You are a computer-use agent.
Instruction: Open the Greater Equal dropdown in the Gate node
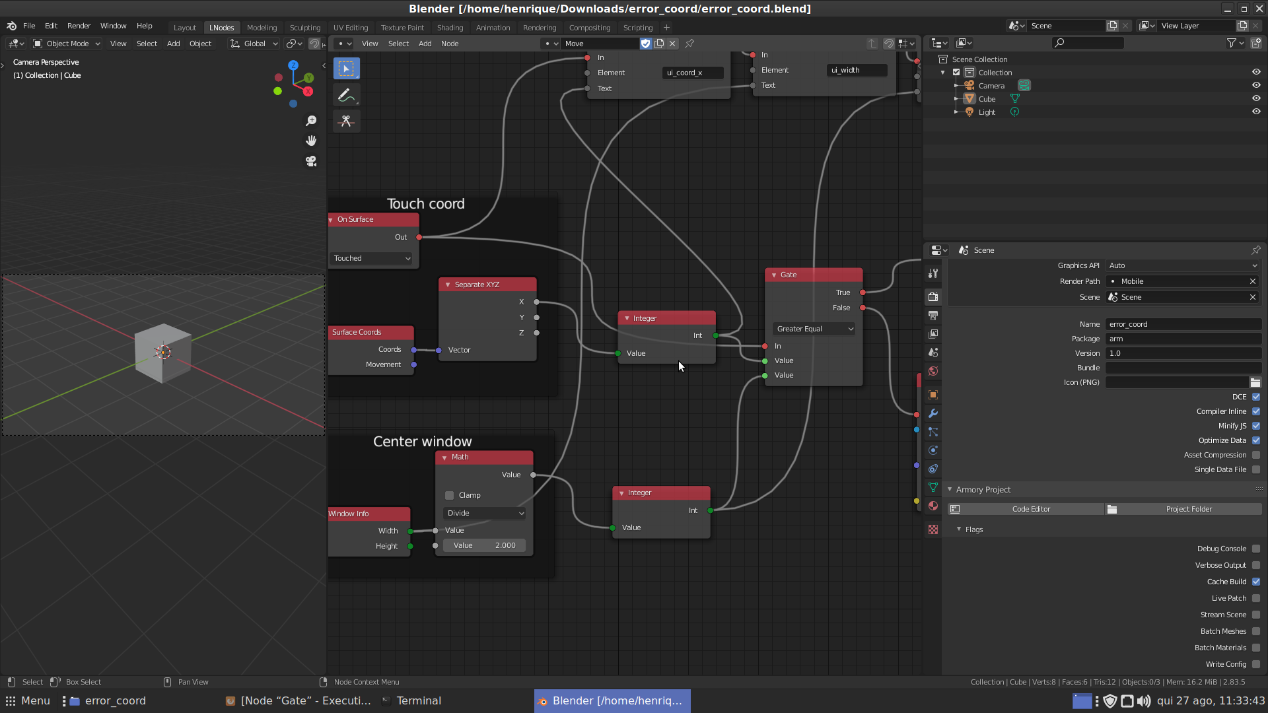(x=814, y=329)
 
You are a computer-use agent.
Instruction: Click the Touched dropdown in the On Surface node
(x=372, y=258)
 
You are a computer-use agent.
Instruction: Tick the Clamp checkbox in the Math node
(x=450, y=495)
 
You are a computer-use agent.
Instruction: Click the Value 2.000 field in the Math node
(x=485, y=545)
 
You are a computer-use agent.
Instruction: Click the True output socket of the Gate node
(x=863, y=292)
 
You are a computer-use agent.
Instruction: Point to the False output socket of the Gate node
(x=863, y=308)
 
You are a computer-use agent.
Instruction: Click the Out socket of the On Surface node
(x=419, y=237)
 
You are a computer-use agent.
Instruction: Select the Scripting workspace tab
(x=637, y=28)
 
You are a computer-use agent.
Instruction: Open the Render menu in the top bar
(x=79, y=26)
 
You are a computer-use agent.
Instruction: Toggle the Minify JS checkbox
(x=1255, y=426)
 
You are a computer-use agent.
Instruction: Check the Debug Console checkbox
(x=1255, y=549)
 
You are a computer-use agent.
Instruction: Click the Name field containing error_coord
(x=1182, y=324)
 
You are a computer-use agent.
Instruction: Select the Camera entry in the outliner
(x=991, y=86)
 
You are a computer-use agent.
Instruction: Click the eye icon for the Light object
(x=1256, y=112)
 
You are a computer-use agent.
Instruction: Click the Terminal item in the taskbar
(x=418, y=700)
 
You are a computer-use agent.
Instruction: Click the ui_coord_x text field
(x=692, y=73)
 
